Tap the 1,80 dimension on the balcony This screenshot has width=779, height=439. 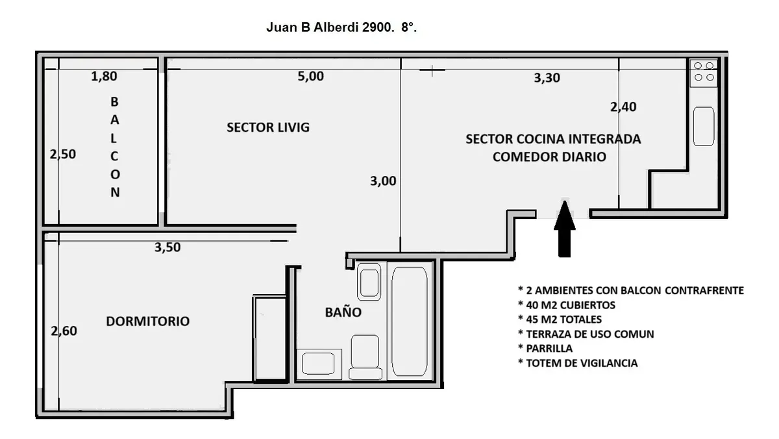coord(104,76)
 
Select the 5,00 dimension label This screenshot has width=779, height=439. coord(310,76)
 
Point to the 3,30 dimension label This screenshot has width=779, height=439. coord(547,78)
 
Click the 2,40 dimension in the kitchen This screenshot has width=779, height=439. coord(623,107)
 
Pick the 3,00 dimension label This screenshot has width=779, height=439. coord(383,181)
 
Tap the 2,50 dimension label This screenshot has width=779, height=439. coord(62,154)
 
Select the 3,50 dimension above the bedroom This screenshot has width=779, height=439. coord(167,247)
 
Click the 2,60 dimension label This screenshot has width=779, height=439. coord(64,331)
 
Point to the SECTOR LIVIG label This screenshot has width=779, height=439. coord(268,127)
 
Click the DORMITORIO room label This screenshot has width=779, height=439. coord(148,321)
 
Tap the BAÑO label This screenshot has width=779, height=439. coord(343,312)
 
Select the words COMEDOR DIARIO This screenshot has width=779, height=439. coord(549,157)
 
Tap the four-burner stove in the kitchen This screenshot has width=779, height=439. coord(704,72)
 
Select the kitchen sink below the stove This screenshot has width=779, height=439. coord(704,126)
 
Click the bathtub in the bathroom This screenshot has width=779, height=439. coord(410,321)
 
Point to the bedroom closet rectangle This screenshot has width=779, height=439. coord(271,338)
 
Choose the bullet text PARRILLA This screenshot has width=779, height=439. coord(545,348)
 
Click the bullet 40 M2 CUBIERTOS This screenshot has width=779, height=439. coord(567,305)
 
